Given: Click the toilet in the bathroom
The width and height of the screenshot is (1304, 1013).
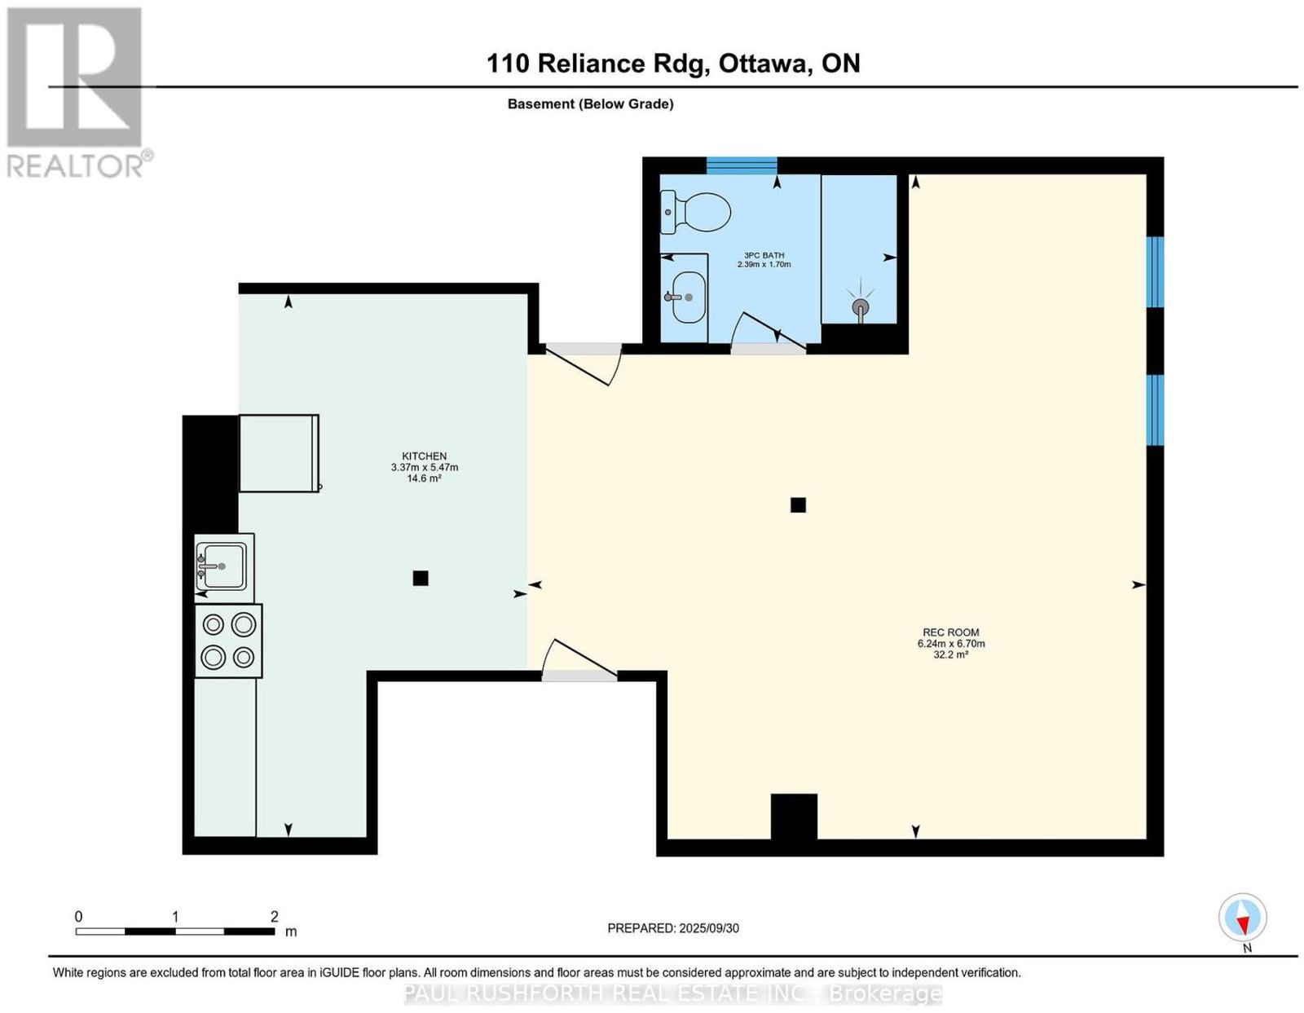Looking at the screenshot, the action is pos(695,213).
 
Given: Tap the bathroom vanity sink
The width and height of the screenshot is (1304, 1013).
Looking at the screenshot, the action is pos(689,297).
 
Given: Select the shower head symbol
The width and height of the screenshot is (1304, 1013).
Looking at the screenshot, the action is pos(861,306).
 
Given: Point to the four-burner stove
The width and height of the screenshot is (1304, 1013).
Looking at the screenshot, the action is pos(229,641).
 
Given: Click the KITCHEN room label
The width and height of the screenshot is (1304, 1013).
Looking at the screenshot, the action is pos(425,456).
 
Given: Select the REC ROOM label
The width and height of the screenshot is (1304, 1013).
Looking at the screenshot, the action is pos(951,632).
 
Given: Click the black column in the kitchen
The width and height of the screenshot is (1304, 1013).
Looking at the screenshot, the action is pos(420,578).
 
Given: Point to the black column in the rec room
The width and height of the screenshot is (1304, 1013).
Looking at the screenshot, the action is pos(798,505).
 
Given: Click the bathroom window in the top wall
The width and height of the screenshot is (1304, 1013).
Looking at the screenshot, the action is pos(741,165).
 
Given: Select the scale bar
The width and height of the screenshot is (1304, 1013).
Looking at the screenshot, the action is pos(175,932).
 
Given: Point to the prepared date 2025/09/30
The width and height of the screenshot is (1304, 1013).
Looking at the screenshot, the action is pos(709,927).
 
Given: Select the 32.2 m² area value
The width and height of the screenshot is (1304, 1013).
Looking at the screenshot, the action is pos(951,655).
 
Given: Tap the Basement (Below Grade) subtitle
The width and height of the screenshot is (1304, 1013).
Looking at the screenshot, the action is pos(591,104).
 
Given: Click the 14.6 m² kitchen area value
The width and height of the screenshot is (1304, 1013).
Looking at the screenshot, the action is pos(425,478).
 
